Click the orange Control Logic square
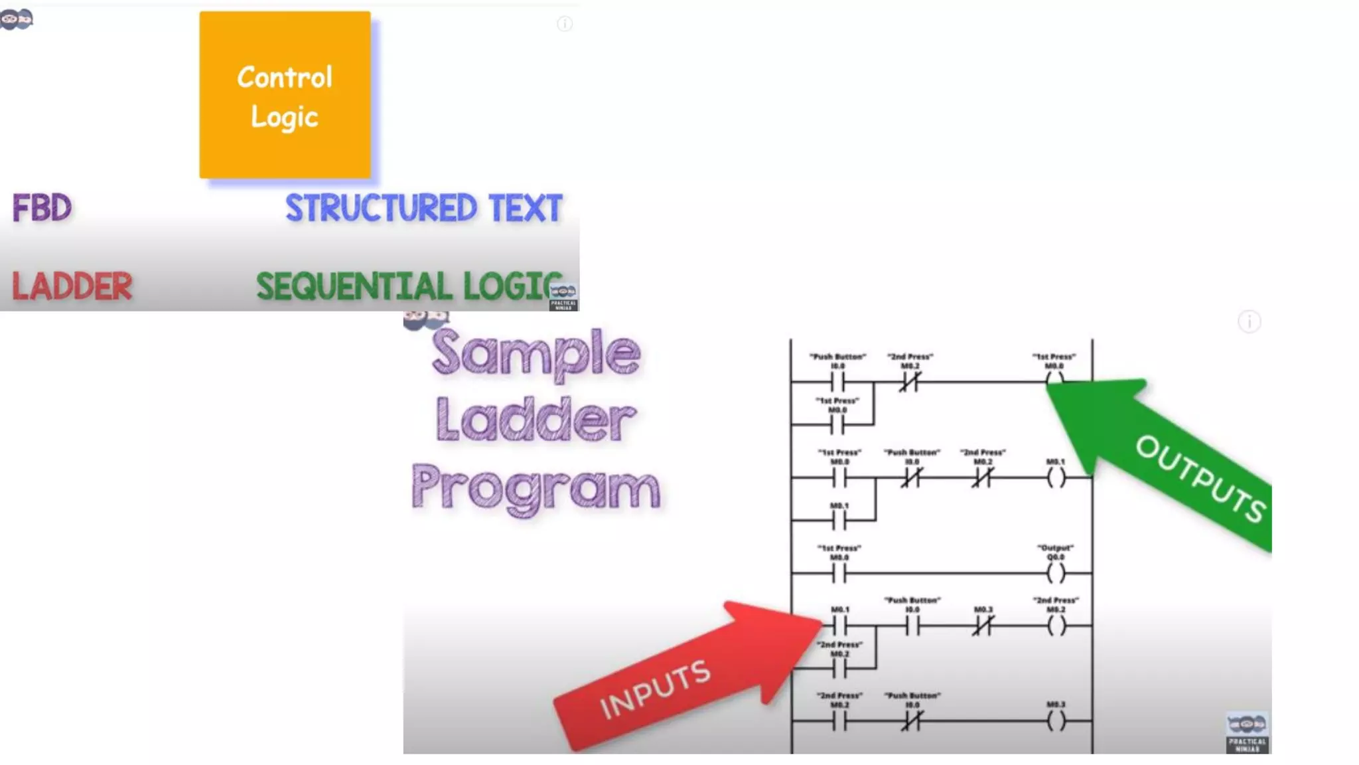click(285, 95)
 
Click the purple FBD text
click(42, 209)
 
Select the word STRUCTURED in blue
click(382, 209)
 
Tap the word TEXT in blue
click(526, 209)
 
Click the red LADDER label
click(72, 286)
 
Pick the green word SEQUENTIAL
click(354, 287)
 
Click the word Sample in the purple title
click(536, 353)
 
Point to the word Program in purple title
click(536, 488)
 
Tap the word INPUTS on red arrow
click(655, 690)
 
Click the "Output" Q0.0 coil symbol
click(1056, 572)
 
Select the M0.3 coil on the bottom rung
click(1056, 721)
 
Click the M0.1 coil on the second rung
click(1056, 477)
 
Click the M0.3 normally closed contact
click(983, 626)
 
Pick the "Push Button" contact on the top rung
click(838, 382)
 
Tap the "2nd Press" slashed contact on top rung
click(910, 382)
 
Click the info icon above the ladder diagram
click(1249, 322)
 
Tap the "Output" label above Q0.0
click(1055, 548)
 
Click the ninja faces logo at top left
click(17, 19)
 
